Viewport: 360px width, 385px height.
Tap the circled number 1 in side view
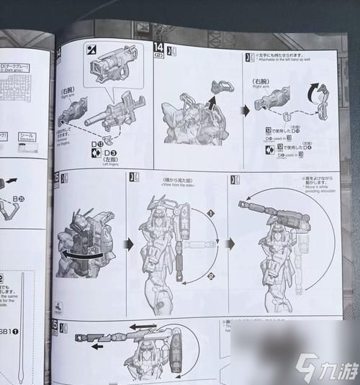(x=210, y=214)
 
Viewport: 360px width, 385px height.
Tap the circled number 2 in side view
(x=211, y=276)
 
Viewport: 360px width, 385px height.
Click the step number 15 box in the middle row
(x=56, y=178)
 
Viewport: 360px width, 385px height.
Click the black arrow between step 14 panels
(x=244, y=110)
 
